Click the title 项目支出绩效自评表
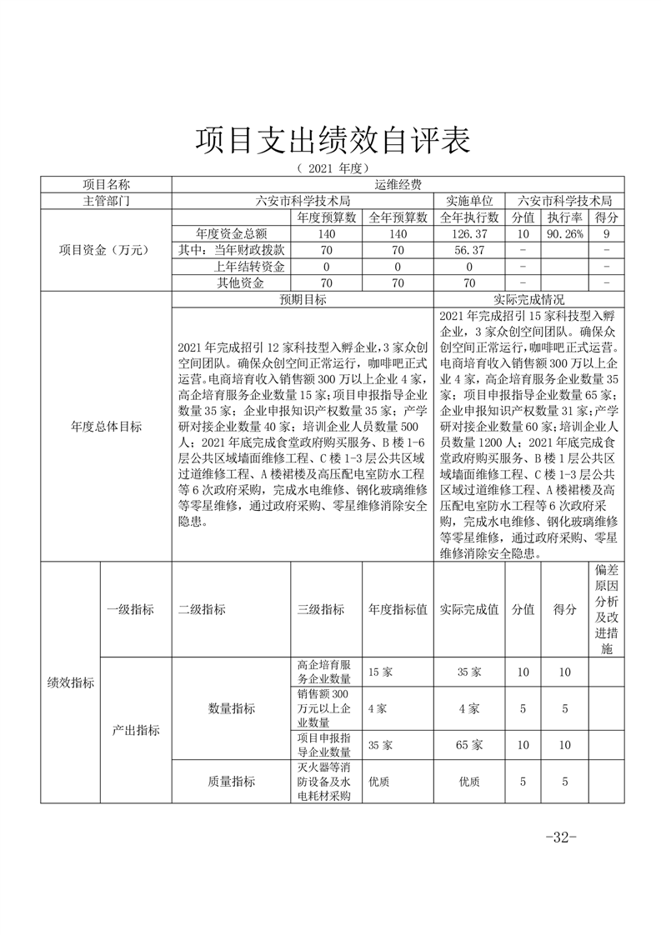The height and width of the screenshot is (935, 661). coord(332,141)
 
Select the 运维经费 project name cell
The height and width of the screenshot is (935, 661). coord(398,185)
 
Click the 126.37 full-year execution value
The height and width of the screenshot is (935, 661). coord(468,234)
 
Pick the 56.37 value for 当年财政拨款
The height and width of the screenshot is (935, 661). coord(468,250)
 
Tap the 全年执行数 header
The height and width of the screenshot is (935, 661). coord(468,217)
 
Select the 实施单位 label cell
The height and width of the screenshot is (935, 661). coord(468,201)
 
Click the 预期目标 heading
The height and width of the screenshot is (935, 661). coord(303,299)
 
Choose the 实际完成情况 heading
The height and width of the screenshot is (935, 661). coord(529,299)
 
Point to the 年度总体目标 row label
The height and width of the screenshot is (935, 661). coord(106,427)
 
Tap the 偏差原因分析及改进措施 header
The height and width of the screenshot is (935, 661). coord(606,609)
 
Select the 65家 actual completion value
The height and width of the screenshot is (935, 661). coord(469,744)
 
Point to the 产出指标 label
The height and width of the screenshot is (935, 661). coord(136,730)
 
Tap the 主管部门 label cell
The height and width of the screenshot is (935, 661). coord(106,201)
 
